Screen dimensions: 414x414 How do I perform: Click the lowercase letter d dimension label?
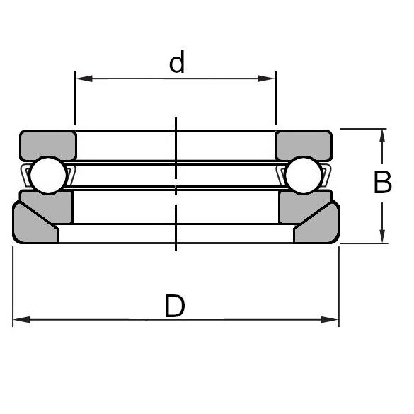point(177,63)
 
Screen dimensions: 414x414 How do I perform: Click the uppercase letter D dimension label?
point(175,306)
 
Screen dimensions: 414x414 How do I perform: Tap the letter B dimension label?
point(382,183)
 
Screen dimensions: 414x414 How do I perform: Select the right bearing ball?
point(304,175)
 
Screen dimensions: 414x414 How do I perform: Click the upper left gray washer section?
point(47,144)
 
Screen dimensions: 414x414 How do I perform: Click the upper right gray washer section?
point(304,144)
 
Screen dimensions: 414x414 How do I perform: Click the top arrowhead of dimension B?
point(382,135)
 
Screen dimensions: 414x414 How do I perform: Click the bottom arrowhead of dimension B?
point(382,237)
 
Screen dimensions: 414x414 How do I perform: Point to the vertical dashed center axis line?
point(176,212)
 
